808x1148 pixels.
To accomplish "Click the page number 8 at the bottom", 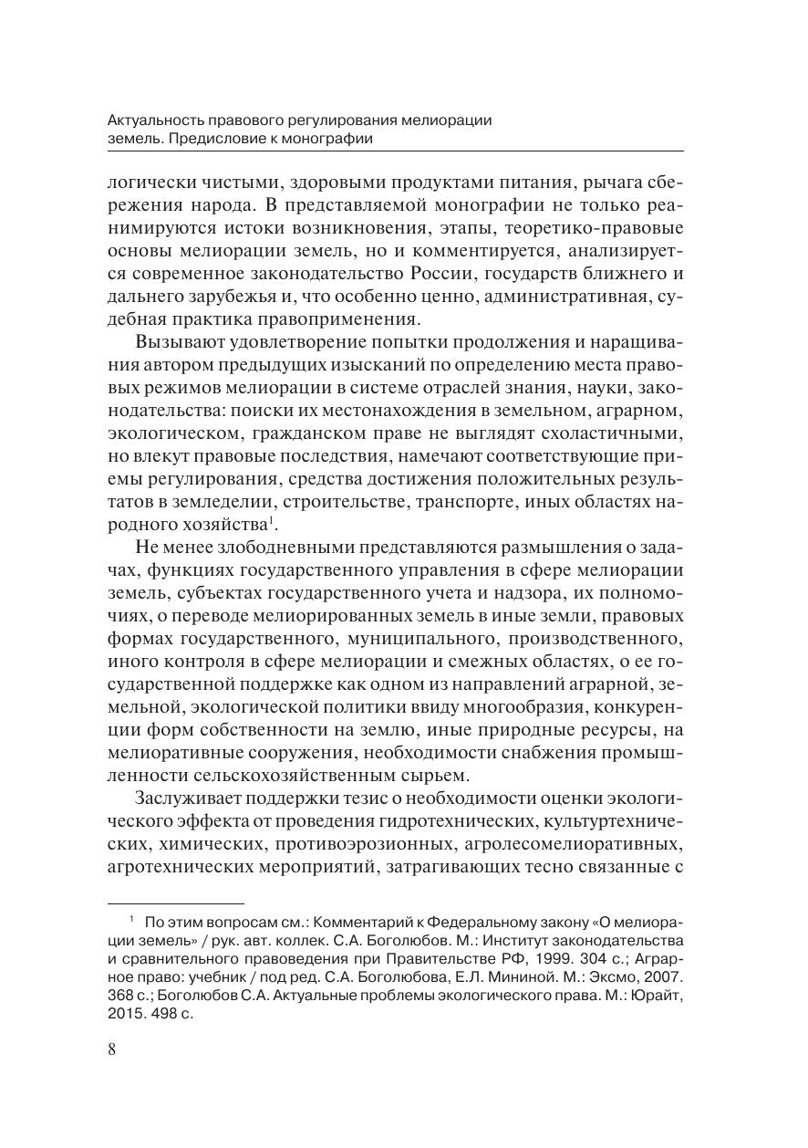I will [x=112, y=1049].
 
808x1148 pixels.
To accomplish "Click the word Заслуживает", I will [x=188, y=798].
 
